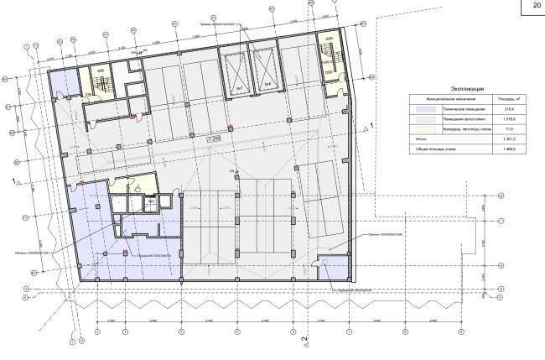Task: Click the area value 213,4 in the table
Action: tap(507, 109)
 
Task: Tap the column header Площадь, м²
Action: tap(507, 98)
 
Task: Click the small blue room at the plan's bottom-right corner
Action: tap(333, 266)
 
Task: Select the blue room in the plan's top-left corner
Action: tap(60, 83)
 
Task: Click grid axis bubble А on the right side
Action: tap(501, 296)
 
